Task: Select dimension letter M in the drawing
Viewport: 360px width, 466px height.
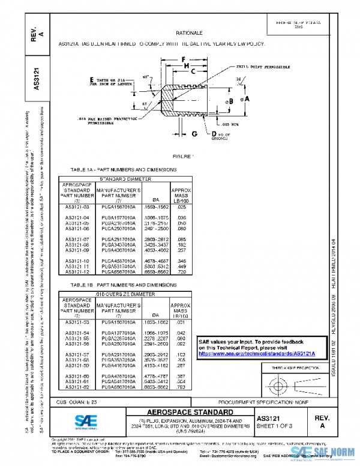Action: coord(187,65)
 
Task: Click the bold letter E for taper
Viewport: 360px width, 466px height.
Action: coord(92,80)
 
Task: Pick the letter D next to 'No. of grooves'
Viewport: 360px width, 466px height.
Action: coord(214,133)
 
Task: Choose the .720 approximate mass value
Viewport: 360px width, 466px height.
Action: coord(181,273)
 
